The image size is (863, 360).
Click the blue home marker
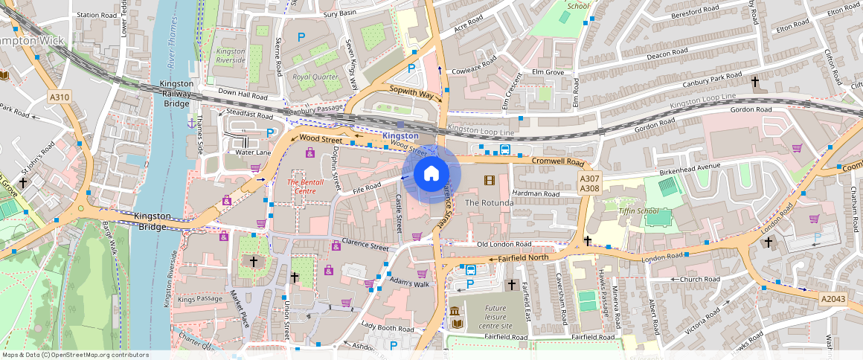(431, 174)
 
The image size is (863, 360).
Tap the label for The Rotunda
(489, 203)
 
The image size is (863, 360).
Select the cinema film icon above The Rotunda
(489, 180)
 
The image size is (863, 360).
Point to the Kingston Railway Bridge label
(176, 94)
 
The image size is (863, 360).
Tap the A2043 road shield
(833, 298)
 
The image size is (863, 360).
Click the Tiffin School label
(638, 211)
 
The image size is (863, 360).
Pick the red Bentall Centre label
(306, 187)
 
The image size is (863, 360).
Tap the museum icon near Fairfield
(456, 311)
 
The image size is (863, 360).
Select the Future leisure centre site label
(495, 317)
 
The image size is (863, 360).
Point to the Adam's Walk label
(410, 283)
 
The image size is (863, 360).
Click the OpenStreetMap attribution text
(75, 355)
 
